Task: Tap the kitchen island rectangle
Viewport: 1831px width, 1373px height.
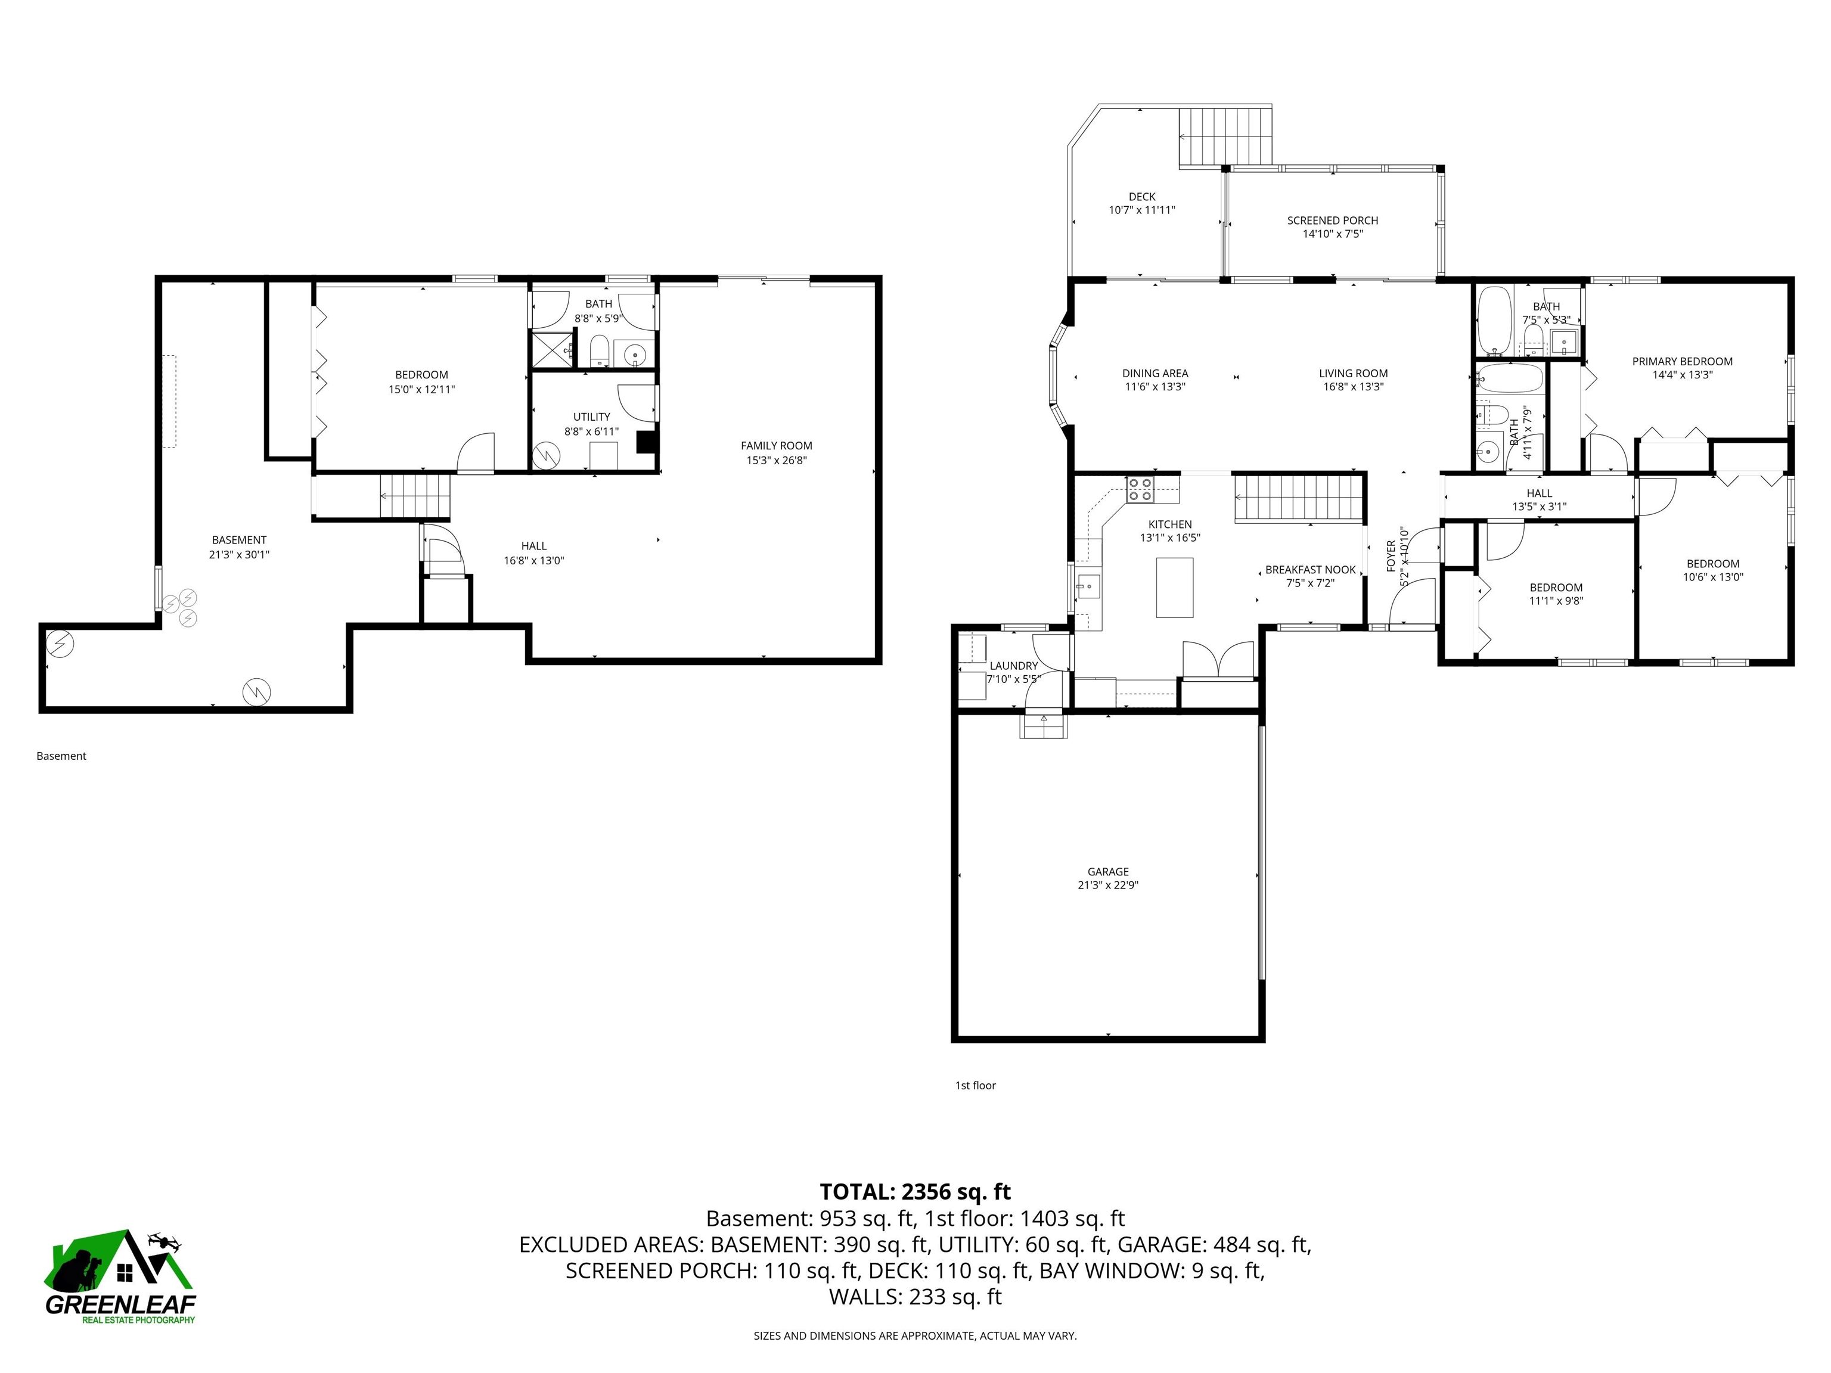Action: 1175,588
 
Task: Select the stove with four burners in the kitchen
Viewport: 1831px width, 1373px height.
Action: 1140,489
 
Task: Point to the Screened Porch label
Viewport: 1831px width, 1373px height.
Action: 1333,220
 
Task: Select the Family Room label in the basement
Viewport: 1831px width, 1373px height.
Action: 777,445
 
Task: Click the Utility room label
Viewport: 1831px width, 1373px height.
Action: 592,417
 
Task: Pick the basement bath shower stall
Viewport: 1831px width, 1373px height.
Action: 552,349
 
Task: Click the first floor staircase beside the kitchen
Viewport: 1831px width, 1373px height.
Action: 1299,498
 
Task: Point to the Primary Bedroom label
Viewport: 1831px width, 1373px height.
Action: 1682,362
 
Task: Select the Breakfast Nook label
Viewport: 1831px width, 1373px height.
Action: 1310,569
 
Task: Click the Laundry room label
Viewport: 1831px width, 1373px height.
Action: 1013,666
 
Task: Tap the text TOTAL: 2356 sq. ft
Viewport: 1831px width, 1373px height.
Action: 915,1192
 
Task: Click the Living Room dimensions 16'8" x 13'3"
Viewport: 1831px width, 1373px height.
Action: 1354,387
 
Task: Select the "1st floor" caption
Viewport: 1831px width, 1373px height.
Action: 975,1085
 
